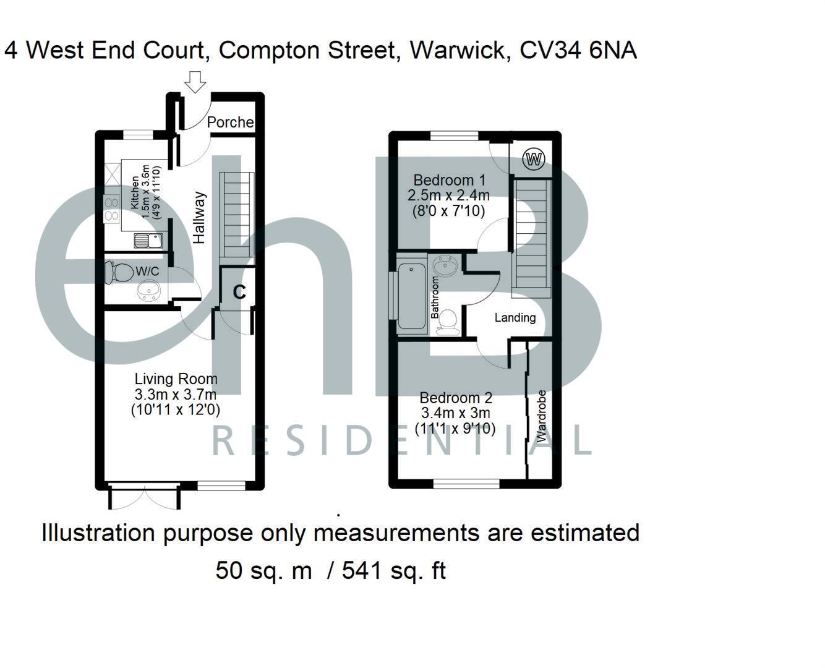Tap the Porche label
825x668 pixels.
(x=230, y=122)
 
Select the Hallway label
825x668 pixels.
(x=199, y=218)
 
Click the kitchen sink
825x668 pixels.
(x=147, y=241)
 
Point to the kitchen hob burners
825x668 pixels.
(x=112, y=208)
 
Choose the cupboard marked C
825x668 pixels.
(x=239, y=291)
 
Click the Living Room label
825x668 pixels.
(x=176, y=379)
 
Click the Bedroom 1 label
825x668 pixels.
(x=449, y=181)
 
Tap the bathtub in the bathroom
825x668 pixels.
(x=409, y=296)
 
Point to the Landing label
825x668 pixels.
(x=515, y=318)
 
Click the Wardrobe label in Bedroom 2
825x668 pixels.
(x=542, y=416)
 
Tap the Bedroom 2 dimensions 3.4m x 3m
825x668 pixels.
(x=456, y=413)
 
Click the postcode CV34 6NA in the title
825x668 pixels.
(x=578, y=50)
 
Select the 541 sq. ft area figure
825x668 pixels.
(x=393, y=570)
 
